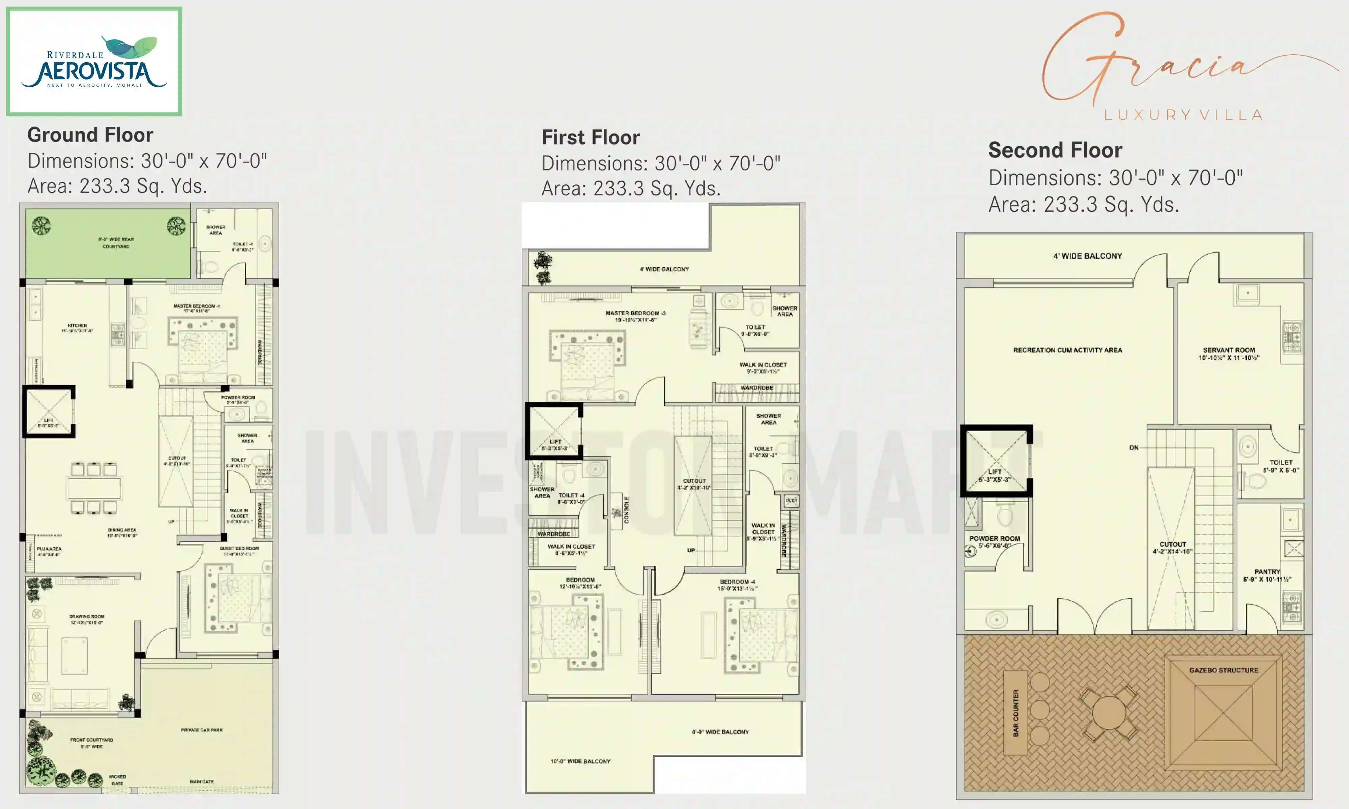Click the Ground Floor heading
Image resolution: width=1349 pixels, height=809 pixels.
[90, 134]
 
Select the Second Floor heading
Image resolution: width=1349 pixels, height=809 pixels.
[1055, 150]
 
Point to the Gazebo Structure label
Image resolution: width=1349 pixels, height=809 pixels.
[1224, 670]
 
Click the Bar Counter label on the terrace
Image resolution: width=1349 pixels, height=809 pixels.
[1015, 713]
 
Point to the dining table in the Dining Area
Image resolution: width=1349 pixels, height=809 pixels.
[94, 488]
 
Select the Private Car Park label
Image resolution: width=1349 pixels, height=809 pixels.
[202, 730]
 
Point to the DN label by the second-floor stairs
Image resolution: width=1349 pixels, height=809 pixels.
[1133, 448]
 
